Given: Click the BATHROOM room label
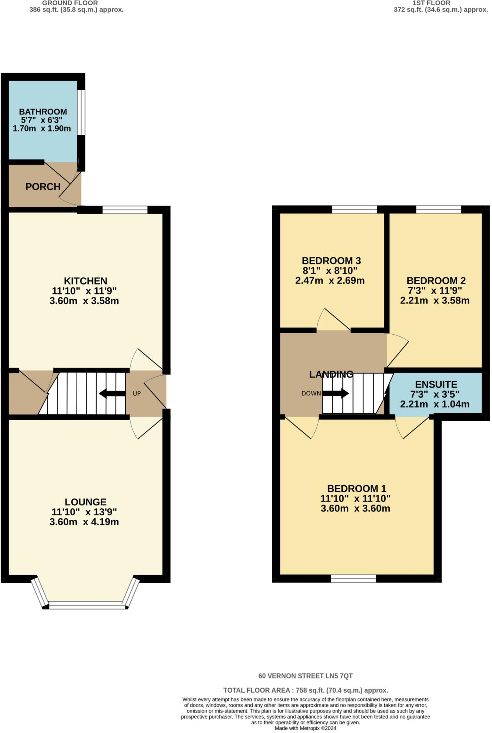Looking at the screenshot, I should pyautogui.click(x=43, y=112).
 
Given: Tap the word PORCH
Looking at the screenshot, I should pyautogui.click(x=43, y=186).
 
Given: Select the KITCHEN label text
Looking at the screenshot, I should pyautogui.click(x=86, y=281).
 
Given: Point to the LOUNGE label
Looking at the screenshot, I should pyautogui.click(x=86, y=502).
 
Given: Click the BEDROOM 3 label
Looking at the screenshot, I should pyautogui.click(x=331, y=261).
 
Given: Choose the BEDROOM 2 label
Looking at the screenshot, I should pyautogui.click(x=436, y=281).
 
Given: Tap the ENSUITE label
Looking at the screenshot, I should pyautogui.click(x=436, y=384).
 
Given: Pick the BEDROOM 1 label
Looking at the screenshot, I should pyautogui.click(x=356, y=489).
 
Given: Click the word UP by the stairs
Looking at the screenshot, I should pyautogui.click(x=137, y=394).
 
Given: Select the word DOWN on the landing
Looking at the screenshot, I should pyautogui.click(x=311, y=394).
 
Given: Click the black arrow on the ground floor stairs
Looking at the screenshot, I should pyautogui.click(x=112, y=394).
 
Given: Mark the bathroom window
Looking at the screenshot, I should pyautogui.click(x=82, y=112).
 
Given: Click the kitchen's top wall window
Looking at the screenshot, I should pyautogui.click(x=125, y=210).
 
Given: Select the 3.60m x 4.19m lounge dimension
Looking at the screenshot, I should pyautogui.click(x=84, y=522).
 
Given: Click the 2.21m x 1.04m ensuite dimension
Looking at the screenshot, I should pyautogui.click(x=434, y=404).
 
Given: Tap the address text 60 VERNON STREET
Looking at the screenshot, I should pyautogui.click(x=305, y=676).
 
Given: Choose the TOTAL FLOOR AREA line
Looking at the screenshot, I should pyautogui.click(x=305, y=690).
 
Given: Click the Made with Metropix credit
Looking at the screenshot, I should pyautogui.click(x=305, y=728).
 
